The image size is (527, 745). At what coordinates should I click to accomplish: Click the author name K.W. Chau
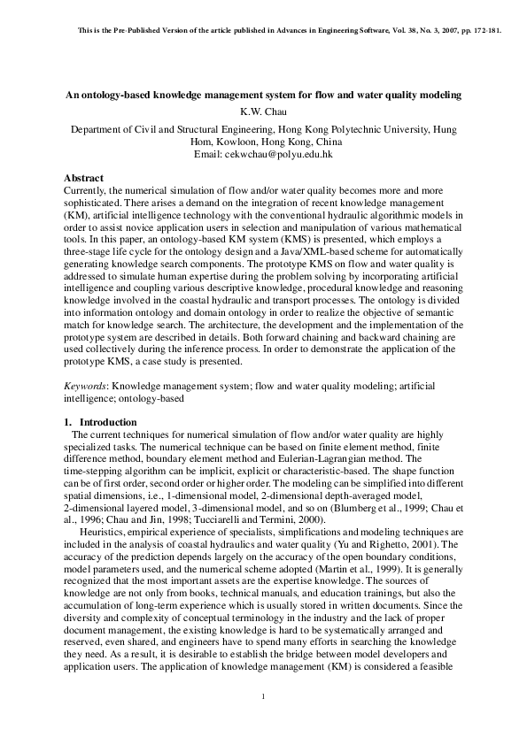coord(263,111)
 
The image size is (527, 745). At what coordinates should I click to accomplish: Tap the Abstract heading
coord(84,179)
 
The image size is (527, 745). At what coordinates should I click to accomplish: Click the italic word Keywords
coord(86,387)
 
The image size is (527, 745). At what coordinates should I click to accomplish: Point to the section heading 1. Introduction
coord(101,422)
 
